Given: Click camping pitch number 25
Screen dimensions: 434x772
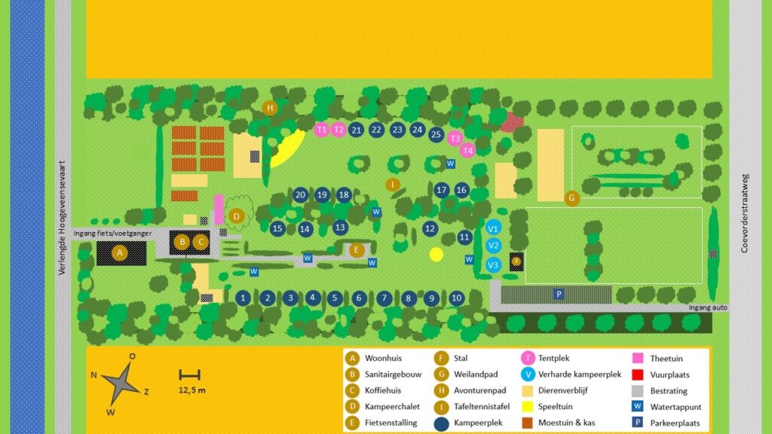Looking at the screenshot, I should [436, 134].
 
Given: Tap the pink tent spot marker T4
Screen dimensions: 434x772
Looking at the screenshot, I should [467, 150].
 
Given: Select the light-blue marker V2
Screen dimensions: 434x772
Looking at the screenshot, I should [493, 245].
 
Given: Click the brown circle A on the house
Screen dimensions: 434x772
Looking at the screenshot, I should [119, 252].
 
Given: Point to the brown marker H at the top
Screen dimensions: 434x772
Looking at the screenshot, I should [270, 108].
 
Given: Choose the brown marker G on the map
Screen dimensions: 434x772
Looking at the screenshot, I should [571, 198].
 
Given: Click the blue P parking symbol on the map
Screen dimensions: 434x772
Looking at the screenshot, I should [559, 294].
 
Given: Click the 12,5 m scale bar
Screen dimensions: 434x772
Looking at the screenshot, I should [189, 374].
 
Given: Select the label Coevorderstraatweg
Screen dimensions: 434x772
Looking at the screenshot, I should [745, 212].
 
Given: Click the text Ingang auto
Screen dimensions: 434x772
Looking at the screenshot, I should [708, 307].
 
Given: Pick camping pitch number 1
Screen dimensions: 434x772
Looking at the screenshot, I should [243, 298].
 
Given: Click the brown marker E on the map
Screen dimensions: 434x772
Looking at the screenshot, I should [357, 249].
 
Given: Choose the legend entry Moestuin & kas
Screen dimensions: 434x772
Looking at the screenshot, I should [566, 423].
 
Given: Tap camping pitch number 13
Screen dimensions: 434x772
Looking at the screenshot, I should [340, 227].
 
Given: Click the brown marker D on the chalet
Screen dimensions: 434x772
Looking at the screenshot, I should [237, 216].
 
